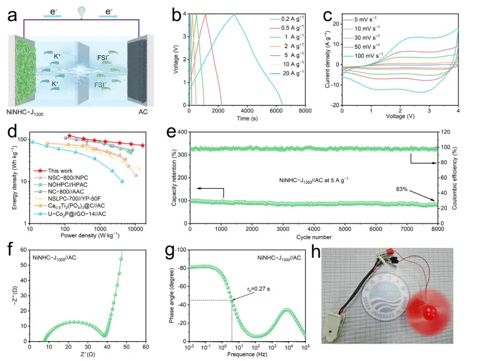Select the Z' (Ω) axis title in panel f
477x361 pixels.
(87, 356)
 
